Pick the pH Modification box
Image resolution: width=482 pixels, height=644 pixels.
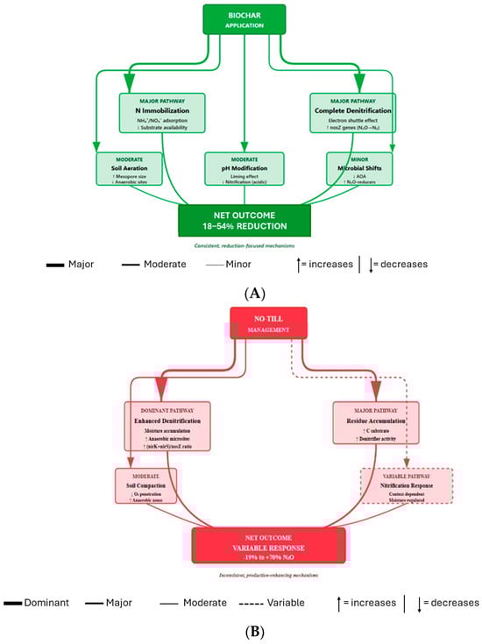click(240, 168)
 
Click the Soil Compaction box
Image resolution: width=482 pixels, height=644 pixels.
click(145, 485)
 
